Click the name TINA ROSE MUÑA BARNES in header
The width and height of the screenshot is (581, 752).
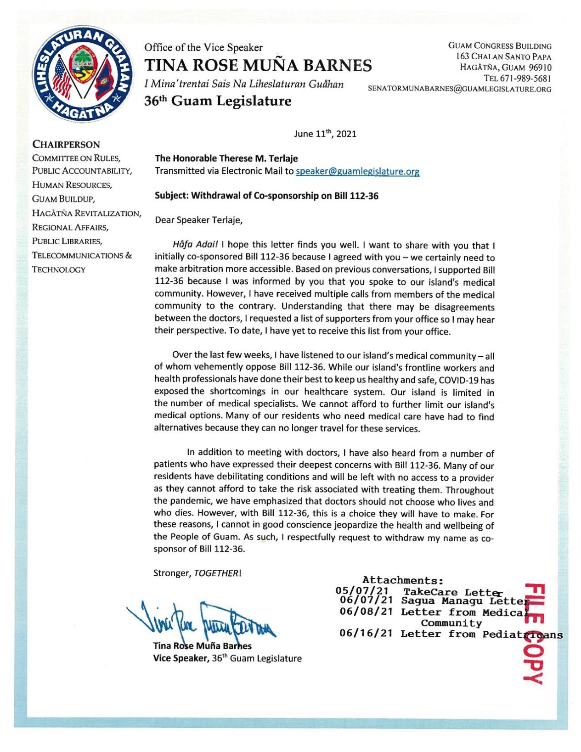tap(258, 66)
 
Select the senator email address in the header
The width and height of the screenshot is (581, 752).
tap(459, 89)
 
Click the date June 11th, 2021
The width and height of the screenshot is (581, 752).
tap(325, 134)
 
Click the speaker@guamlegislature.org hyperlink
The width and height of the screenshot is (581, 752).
tap(357, 171)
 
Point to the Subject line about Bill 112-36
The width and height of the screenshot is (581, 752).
tap(266, 196)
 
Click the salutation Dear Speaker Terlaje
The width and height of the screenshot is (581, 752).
tap(198, 220)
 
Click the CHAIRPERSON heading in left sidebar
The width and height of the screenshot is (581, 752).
tap(66, 145)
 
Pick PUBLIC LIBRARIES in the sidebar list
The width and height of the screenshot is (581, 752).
tap(67, 241)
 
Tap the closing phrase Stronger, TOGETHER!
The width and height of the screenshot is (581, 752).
tap(197, 573)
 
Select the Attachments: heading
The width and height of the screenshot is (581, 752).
tap(403, 581)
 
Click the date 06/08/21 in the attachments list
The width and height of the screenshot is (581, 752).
tap(366, 612)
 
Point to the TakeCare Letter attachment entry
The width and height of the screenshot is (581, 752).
tap(451, 592)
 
